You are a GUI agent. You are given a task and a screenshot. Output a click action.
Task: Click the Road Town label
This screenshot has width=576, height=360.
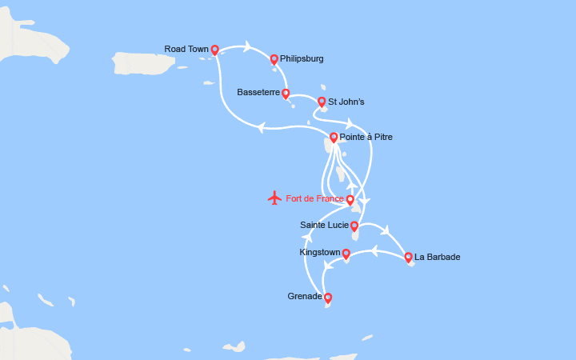[x=186, y=49]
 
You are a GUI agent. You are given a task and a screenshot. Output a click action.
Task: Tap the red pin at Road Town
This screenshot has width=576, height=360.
[x=214, y=50]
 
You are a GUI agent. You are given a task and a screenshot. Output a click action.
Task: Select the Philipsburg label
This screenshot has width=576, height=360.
[x=302, y=58]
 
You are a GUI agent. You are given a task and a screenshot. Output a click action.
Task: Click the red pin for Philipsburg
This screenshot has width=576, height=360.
[x=274, y=58]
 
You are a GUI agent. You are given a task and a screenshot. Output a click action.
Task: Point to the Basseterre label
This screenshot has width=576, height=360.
[x=258, y=92]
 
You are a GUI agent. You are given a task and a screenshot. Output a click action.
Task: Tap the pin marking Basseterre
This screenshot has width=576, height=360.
[x=286, y=93]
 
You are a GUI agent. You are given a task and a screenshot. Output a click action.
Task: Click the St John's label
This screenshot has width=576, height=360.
[x=346, y=102]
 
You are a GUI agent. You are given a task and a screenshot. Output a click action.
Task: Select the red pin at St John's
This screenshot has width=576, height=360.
[x=322, y=102]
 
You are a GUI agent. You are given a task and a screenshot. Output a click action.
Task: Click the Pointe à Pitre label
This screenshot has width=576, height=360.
[x=366, y=137]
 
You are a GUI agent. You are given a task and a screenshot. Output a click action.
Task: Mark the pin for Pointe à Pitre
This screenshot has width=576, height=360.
[x=334, y=137]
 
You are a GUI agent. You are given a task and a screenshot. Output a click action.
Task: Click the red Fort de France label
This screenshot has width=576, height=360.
[x=314, y=198]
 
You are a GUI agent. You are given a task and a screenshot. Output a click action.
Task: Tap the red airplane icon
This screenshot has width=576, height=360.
[x=275, y=198]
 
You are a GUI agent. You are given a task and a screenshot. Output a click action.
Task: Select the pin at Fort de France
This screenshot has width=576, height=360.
[x=350, y=199]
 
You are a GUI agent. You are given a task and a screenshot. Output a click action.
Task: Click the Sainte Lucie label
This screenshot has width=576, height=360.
[x=324, y=226]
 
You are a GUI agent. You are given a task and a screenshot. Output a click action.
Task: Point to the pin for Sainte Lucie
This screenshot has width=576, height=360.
[x=354, y=226]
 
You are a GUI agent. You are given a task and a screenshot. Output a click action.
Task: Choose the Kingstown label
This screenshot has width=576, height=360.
[x=319, y=252]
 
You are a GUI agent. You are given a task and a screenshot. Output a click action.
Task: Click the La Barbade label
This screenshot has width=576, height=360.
[x=438, y=257]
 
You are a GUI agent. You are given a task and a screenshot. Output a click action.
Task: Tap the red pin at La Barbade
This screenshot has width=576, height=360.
[x=408, y=257]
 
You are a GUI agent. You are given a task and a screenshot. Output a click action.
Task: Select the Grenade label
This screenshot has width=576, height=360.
[x=305, y=296]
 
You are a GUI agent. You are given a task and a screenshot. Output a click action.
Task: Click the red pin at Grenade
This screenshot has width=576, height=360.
[x=328, y=298]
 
